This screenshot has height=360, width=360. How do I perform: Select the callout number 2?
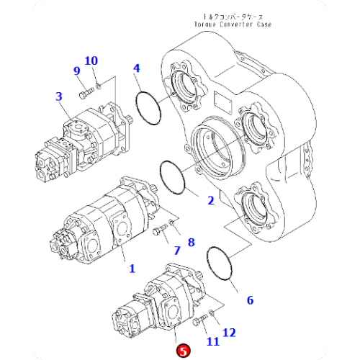211,200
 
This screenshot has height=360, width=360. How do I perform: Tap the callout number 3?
59,96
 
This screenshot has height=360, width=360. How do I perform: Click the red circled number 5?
184,351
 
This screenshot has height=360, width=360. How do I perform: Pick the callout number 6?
250,300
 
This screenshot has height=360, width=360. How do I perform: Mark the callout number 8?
192,242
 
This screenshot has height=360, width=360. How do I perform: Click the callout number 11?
214,341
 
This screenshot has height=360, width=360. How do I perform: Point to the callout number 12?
228,332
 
